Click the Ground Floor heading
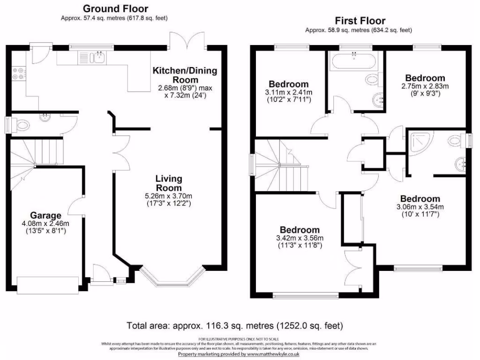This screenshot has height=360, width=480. tap(115, 8)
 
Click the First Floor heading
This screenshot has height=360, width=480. tap(360, 21)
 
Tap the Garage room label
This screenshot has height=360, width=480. tap(45, 216)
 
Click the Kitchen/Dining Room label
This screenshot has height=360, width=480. tap(185, 75)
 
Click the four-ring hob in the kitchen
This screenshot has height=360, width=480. tap(19, 73)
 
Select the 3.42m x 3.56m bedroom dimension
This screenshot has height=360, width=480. tap(300, 241)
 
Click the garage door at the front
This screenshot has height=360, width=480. tap(47, 284)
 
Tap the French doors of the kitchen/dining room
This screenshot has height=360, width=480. tap(187, 43)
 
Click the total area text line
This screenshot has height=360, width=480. tap(234, 325)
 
